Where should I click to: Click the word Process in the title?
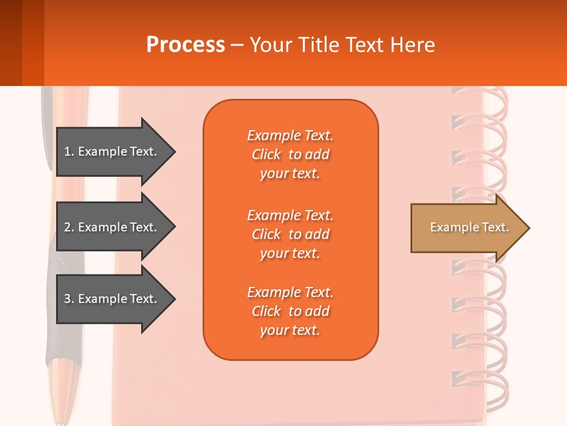(x=185, y=45)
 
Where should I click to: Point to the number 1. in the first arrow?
(x=69, y=151)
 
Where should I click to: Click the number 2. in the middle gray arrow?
(x=69, y=227)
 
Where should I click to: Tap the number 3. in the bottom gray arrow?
(x=69, y=299)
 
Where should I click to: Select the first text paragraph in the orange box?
(x=290, y=154)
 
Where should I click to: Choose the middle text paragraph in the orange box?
(x=290, y=234)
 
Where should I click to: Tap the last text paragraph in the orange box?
(x=290, y=311)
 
